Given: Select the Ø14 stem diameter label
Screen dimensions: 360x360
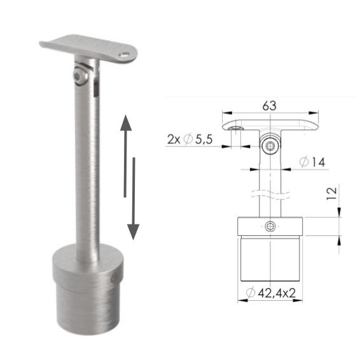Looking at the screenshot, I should pyautogui.click(x=311, y=163).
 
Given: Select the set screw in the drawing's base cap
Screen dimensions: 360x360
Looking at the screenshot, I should pyautogui.click(x=271, y=227).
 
